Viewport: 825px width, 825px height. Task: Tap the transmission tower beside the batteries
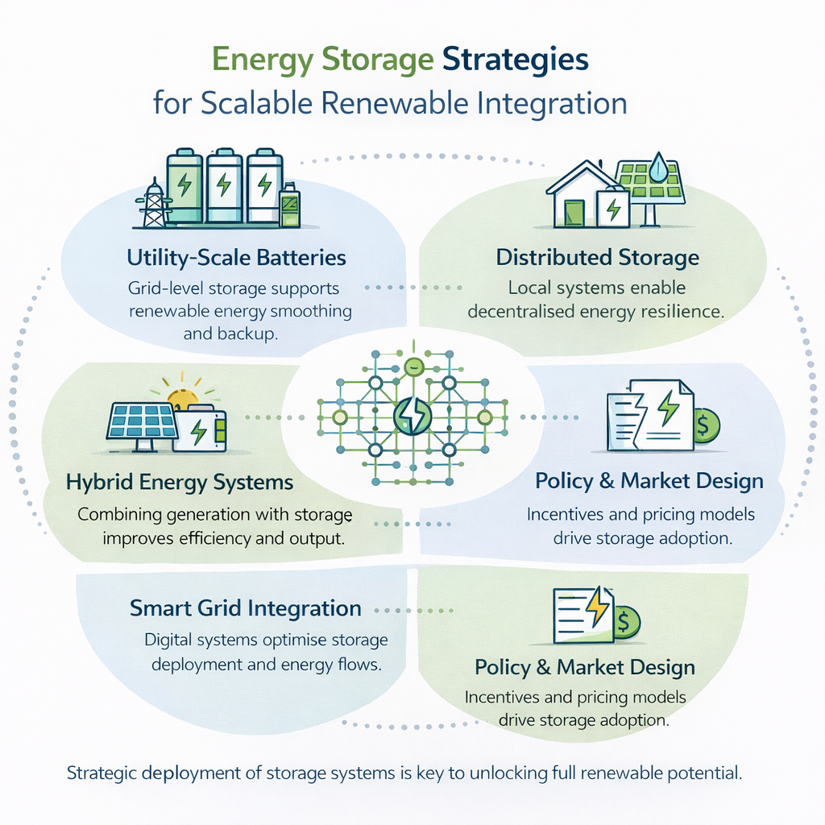[152, 202]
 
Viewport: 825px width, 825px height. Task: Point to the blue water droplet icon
[660, 168]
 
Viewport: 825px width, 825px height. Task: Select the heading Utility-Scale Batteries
[236, 258]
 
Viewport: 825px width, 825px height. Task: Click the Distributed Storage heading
[597, 258]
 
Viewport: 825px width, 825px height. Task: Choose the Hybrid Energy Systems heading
[180, 483]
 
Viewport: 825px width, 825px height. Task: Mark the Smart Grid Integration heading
[245, 608]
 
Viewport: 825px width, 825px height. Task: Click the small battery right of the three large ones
[288, 207]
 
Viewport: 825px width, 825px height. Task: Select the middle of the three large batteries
[224, 188]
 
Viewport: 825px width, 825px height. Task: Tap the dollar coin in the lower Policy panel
[624, 621]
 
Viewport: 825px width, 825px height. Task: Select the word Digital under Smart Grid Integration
[172, 641]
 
